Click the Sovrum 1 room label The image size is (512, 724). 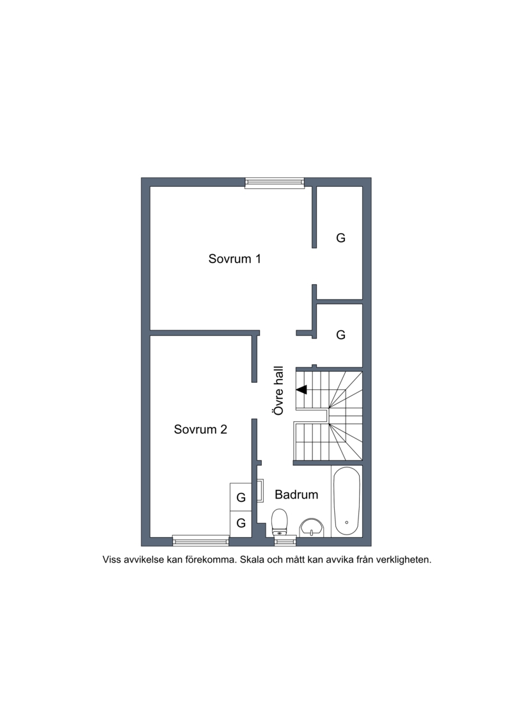(x=234, y=259)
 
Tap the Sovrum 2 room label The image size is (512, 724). (x=200, y=430)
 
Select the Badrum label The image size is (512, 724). (x=296, y=495)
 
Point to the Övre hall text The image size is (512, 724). (x=278, y=390)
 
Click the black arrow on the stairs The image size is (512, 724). (x=301, y=390)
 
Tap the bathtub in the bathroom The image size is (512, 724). (x=347, y=502)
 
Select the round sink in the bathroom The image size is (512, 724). (x=312, y=527)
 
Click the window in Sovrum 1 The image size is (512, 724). (x=275, y=182)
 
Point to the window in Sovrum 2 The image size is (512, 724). (x=201, y=540)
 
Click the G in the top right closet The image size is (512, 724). (x=340, y=237)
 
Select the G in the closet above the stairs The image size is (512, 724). (x=340, y=335)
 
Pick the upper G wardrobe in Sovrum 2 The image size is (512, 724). (x=241, y=497)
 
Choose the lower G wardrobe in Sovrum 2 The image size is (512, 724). (x=241, y=523)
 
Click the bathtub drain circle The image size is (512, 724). (x=347, y=522)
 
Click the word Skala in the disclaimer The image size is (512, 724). (x=251, y=559)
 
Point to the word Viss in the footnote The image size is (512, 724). (x=111, y=559)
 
